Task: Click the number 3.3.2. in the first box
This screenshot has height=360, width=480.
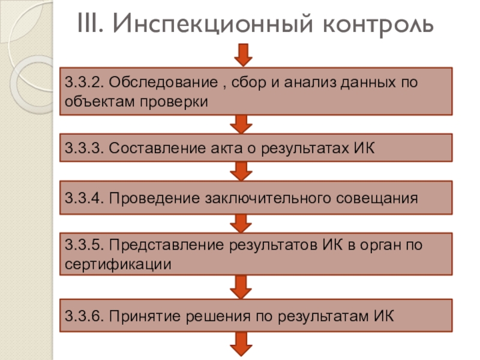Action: click(83, 82)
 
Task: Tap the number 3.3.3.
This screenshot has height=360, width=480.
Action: click(83, 148)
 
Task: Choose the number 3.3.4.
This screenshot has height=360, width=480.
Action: click(83, 197)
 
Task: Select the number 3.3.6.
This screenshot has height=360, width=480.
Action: click(83, 314)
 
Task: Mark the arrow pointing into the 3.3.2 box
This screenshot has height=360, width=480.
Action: click(242, 55)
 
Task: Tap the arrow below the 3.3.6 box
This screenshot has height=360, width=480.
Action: click(242, 346)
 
